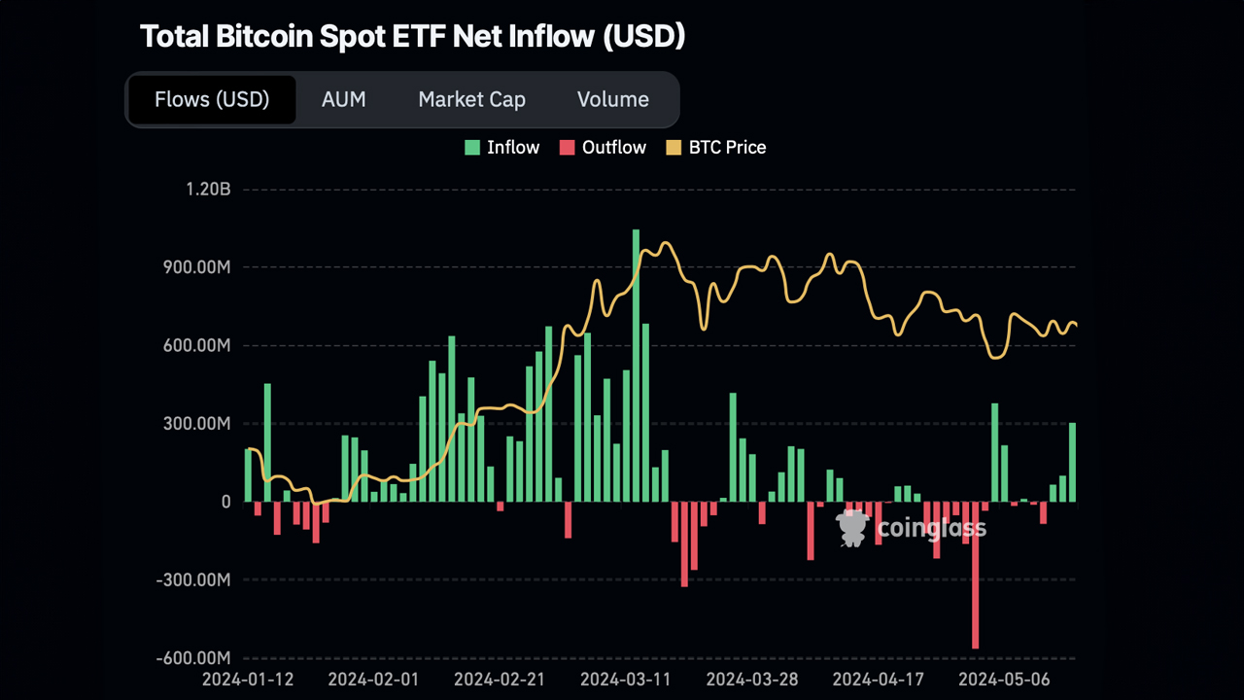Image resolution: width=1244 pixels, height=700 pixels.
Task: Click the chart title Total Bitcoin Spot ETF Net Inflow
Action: point(413,36)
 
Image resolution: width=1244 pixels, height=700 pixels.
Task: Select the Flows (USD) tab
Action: point(212,99)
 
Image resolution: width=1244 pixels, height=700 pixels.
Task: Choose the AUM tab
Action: point(343,99)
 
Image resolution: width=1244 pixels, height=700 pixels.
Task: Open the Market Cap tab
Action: point(471,99)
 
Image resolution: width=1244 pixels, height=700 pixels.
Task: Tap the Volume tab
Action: point(612,99)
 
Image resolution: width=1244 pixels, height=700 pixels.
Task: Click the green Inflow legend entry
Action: point(501,148)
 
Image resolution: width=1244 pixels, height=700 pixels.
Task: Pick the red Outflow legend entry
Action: point(603,148)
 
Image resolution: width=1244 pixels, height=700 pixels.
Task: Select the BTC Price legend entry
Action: point(716,148)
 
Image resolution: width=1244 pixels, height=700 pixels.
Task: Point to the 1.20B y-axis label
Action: point(208,189)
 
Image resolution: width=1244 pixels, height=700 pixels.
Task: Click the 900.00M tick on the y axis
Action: point(197,267)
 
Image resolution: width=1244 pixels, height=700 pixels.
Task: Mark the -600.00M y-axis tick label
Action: point(194,658)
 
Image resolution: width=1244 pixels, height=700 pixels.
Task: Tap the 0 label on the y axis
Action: point(225,502)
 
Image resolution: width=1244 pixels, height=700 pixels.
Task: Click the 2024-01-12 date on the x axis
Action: point(248,679)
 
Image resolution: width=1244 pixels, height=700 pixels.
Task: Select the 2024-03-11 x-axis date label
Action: point(626,679)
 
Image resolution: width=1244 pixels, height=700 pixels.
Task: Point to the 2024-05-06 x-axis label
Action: point(1005,679)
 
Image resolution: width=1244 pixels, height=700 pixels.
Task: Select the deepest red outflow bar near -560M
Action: point(975,574)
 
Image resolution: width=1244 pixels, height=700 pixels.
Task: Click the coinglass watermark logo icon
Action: point(852,527)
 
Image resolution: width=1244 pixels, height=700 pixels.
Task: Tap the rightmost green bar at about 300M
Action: point(1073,462)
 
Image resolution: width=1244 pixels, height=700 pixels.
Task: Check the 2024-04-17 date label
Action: point(879,679)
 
